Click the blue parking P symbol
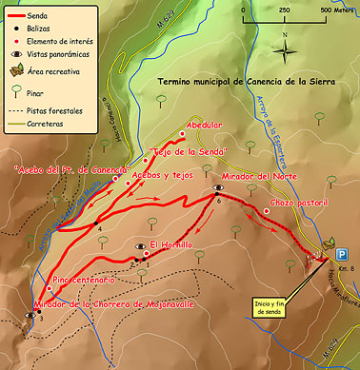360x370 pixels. pos(341,253)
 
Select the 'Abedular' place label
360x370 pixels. pos(205,125)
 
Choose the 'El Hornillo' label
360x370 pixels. pos(170,244)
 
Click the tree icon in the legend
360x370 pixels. pos(19,93)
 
